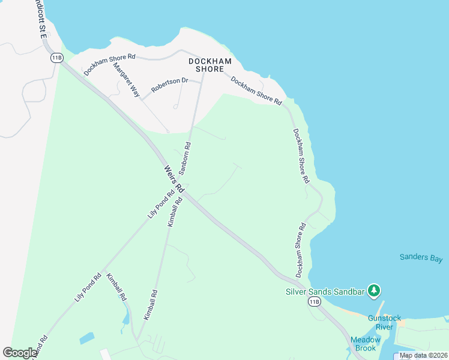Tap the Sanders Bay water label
pyautogui.click(x=421, y=258)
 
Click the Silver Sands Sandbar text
pyautogui.click(x=325, y=292)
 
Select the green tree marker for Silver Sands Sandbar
pyautogui.click(x=375, y=291)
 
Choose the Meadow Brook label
pyautogui.click(x=366, y=344)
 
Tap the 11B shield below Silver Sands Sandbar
pyautogui.click(x=314, y=302)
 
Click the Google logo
pyautogui.click(x=20, y=352)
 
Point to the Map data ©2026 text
pyautogui.click(x=423, y=355)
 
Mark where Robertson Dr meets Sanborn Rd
pyautogui.click(x=199, y=83)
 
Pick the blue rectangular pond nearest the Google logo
pyautogui.click(x=86, y=338)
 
